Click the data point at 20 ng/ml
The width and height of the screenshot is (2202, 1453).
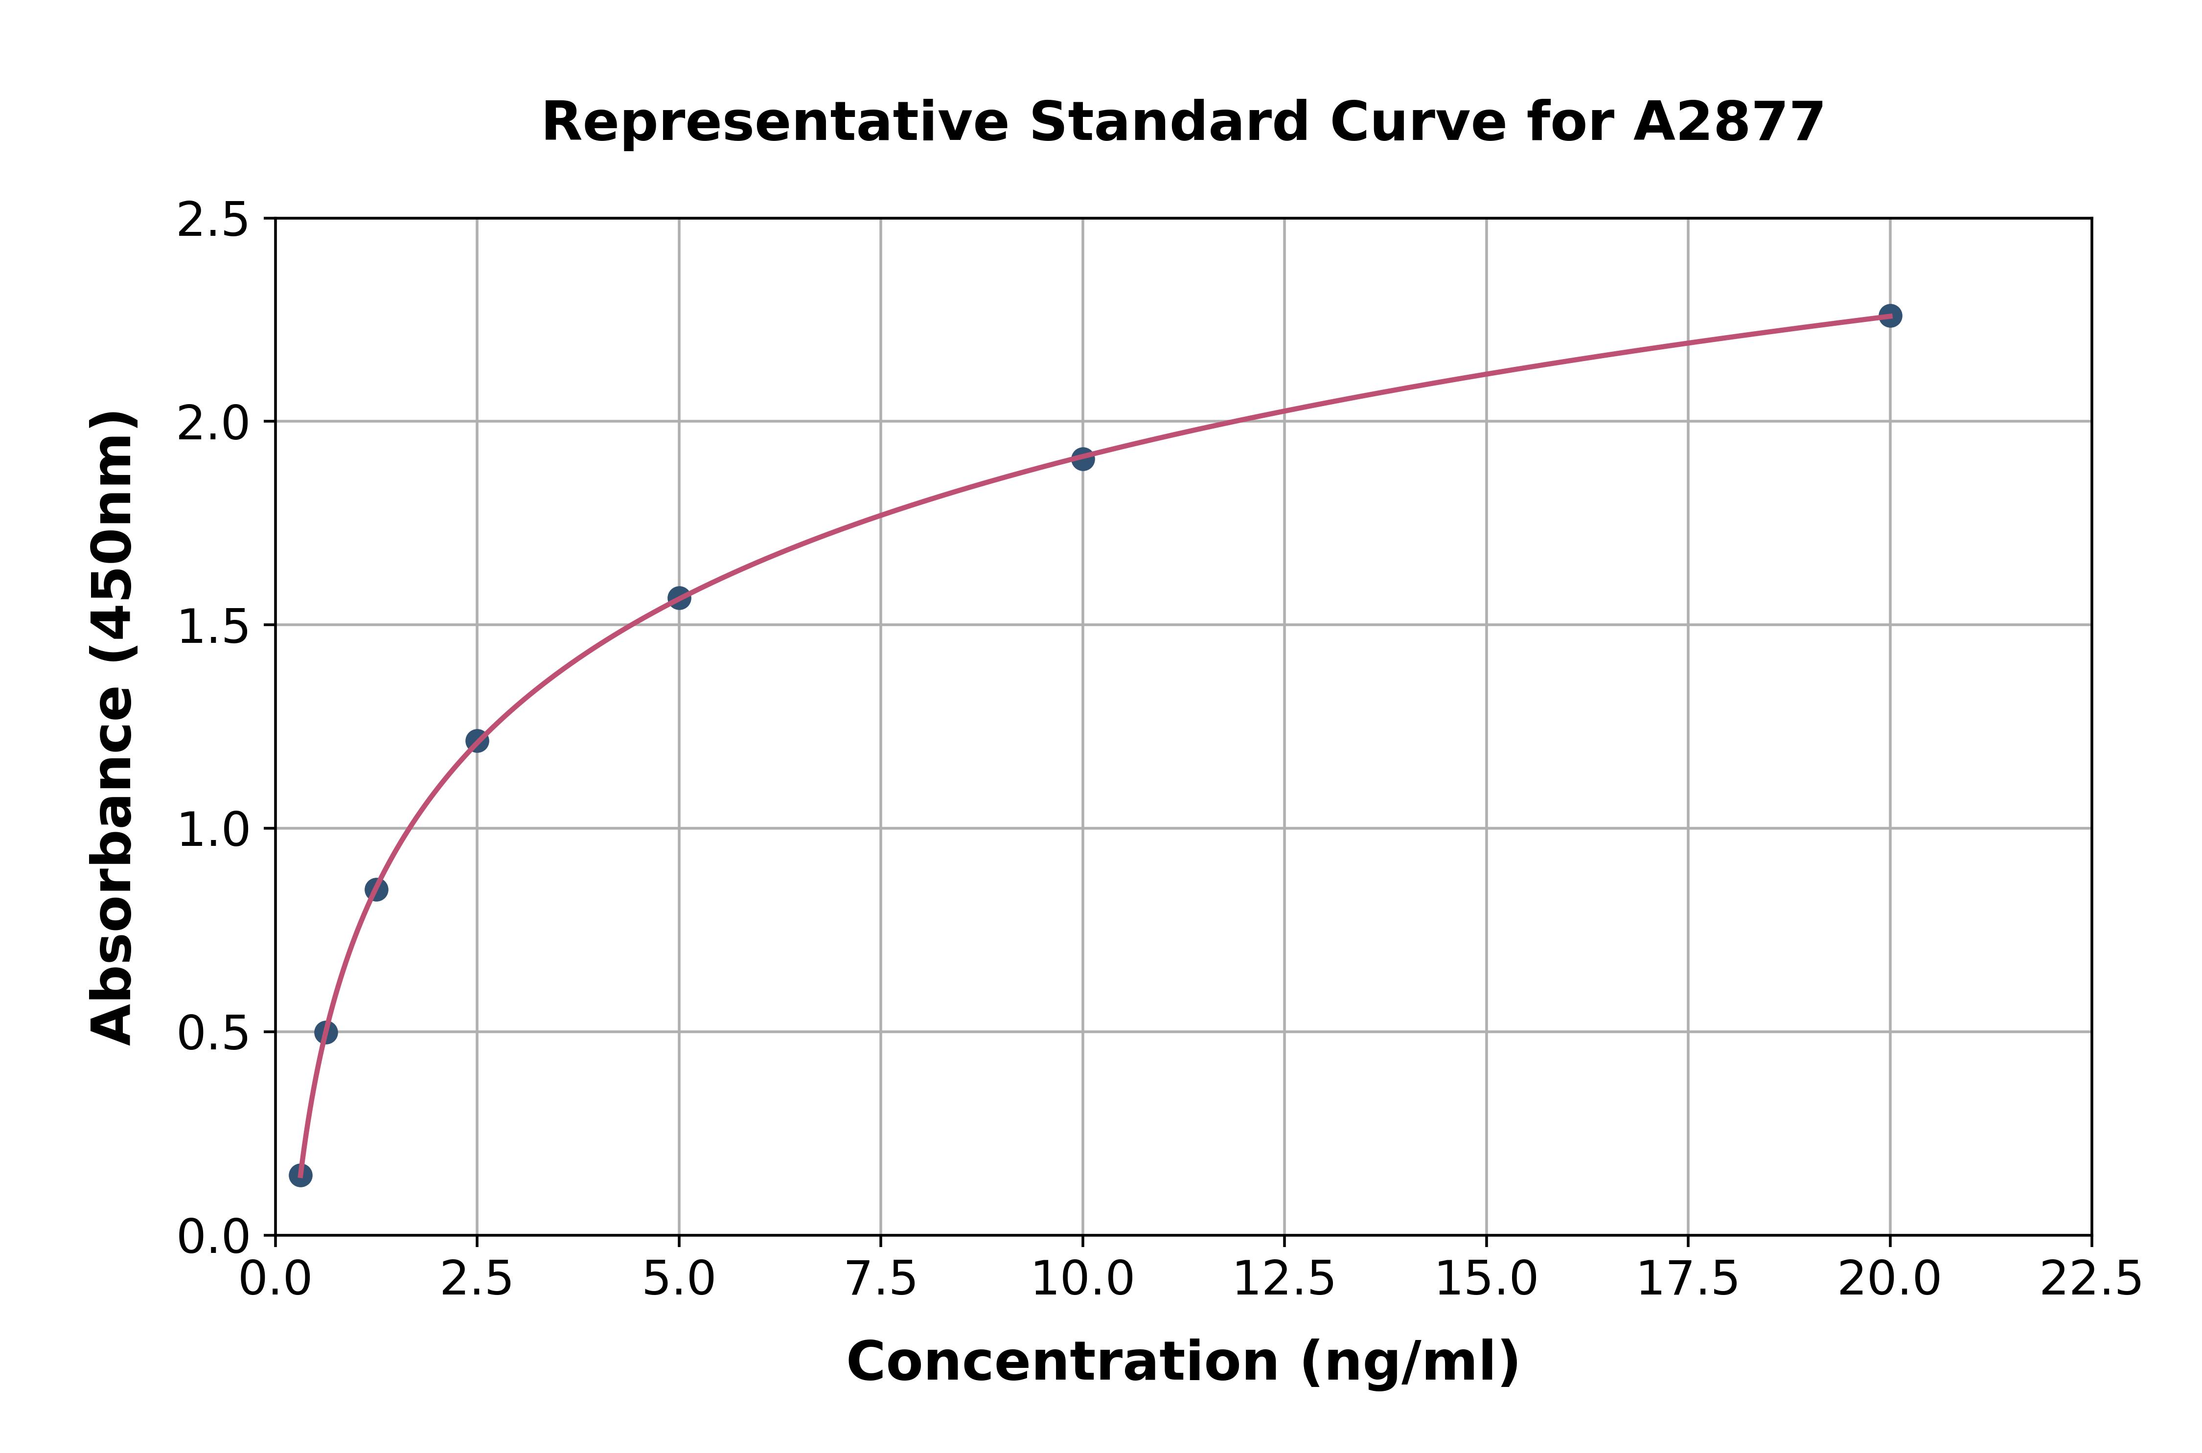1890,316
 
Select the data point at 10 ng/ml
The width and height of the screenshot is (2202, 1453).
1082,459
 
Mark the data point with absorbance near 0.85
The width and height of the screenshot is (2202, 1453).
376,889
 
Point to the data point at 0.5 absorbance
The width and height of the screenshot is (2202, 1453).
326,1032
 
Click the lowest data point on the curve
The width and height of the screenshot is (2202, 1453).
300,1175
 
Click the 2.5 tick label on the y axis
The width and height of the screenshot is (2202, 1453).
212,221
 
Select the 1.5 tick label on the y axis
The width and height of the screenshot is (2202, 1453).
212,627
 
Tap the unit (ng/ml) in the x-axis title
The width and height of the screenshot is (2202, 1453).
1410,1362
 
